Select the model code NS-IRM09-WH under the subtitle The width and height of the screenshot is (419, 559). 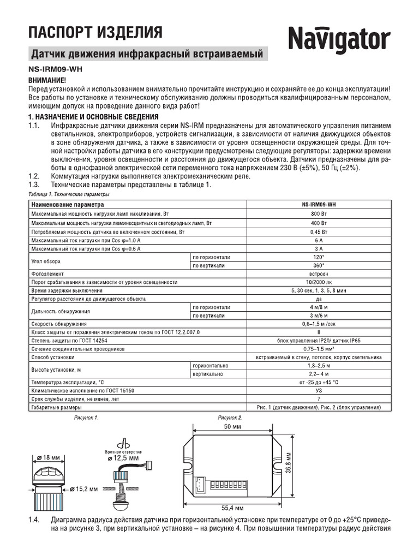[x=55, y=69]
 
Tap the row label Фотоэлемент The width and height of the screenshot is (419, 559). [x=48, y=273]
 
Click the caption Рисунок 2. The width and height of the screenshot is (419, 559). [x=230, y=418]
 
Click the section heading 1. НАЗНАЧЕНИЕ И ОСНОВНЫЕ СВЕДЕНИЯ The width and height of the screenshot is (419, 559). [x=93, y=117]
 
